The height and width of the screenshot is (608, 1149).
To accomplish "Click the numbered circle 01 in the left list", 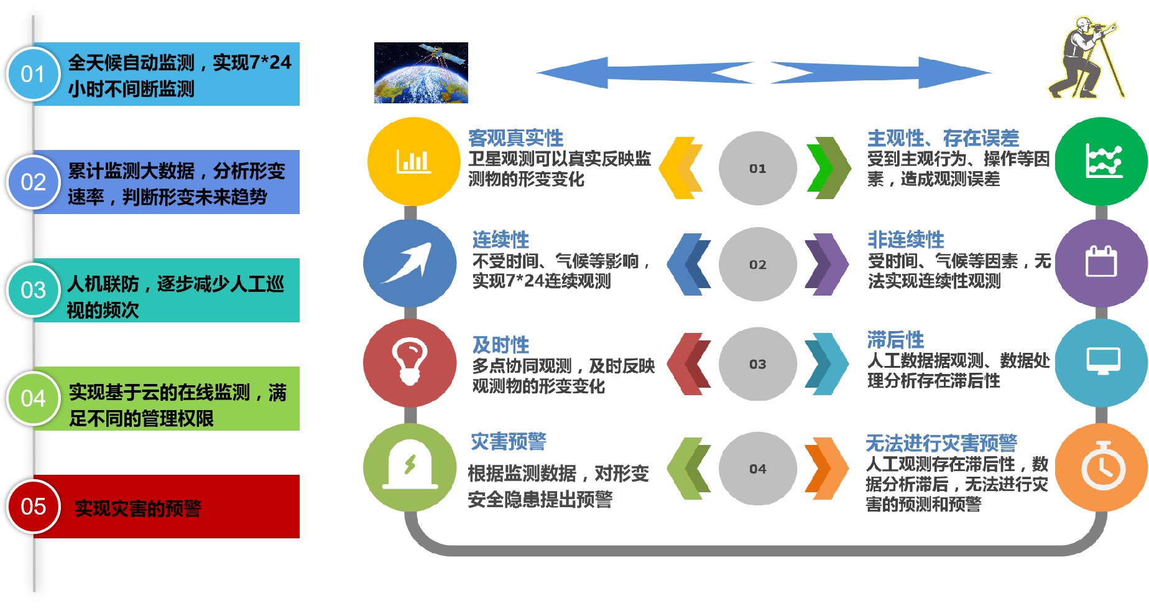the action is tap(33, 74).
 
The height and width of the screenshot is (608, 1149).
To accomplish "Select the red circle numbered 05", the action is tap(33, 507).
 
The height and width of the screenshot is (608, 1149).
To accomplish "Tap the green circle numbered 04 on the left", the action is tap(33, 398).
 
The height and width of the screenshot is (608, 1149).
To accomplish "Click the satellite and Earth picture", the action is tap(421, 72).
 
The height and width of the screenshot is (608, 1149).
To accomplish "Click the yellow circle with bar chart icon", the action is tap(413, 161).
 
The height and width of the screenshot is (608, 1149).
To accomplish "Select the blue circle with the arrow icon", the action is tap(410, 263).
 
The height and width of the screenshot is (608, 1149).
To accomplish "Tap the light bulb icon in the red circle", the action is tap(409, 362).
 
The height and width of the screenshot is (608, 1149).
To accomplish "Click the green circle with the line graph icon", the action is tap(1101, 161).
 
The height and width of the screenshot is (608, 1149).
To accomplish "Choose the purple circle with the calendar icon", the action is tap(1101, 263).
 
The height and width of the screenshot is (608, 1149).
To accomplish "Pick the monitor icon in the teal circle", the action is tap(1103, 361).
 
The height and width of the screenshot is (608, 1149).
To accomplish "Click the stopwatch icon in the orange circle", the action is tap(1103, 467).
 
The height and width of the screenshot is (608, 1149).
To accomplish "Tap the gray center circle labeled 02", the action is tap(757, 264).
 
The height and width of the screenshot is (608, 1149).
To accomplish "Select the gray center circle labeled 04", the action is tap(757, 469).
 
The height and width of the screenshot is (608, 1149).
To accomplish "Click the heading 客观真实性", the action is tap(515, 138).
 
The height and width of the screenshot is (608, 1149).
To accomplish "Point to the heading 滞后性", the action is tap(895, 340).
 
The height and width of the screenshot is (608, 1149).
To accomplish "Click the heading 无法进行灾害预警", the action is tap(941, 443).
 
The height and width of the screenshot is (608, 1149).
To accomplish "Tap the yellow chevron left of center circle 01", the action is tap(681, 168).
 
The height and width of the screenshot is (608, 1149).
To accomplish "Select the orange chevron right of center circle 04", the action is tap(826, 469).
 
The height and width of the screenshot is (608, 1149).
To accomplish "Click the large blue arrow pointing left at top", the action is tap(645, 73).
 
